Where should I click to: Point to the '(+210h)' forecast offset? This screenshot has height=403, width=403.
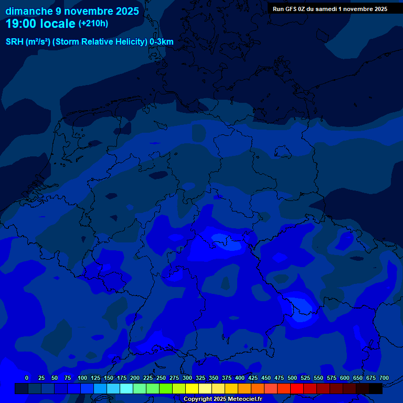coord(93,24)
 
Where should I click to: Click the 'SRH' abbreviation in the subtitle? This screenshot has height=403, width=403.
coord(15,42)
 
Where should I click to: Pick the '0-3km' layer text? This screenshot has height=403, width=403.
coord(162,42)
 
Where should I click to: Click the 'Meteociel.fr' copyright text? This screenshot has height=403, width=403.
coord(245,399)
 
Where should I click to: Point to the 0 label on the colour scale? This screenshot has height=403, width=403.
coord(27,378)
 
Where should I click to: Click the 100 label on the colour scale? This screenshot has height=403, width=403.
coord(82,378)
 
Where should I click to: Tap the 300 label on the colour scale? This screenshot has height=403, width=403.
coord(187,378)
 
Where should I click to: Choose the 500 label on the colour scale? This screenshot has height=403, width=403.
coord(292,378)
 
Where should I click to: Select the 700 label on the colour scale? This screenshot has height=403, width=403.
coord(384,378)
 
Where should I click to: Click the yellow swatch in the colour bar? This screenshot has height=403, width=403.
coord(192,389)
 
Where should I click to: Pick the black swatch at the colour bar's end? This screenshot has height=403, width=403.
coord(376,389)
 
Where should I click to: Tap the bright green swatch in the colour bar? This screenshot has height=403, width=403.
coord(166,389)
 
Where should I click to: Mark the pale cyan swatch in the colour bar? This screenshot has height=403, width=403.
coord(126,389)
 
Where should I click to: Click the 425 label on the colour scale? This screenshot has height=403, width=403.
coord(253,378)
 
